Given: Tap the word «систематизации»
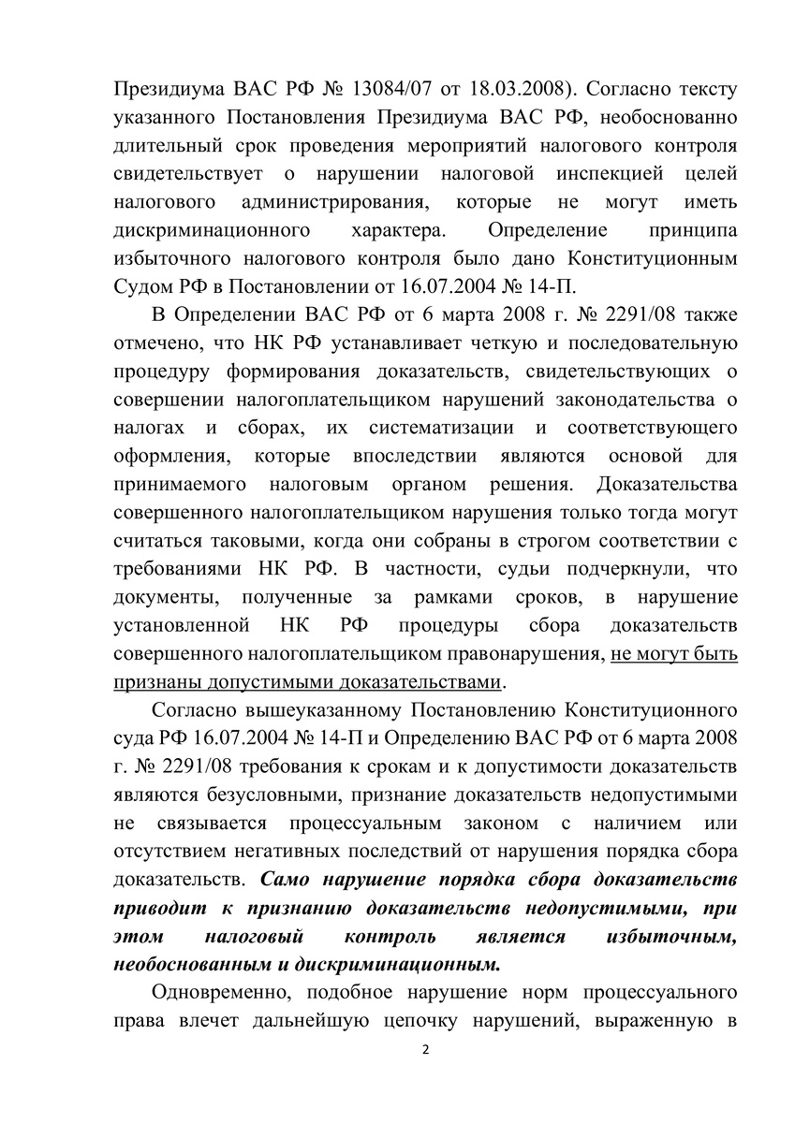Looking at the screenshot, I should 433,428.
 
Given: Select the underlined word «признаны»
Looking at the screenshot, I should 155,680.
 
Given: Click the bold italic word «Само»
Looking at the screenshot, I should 287,880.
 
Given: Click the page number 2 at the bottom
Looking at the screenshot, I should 425,1048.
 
